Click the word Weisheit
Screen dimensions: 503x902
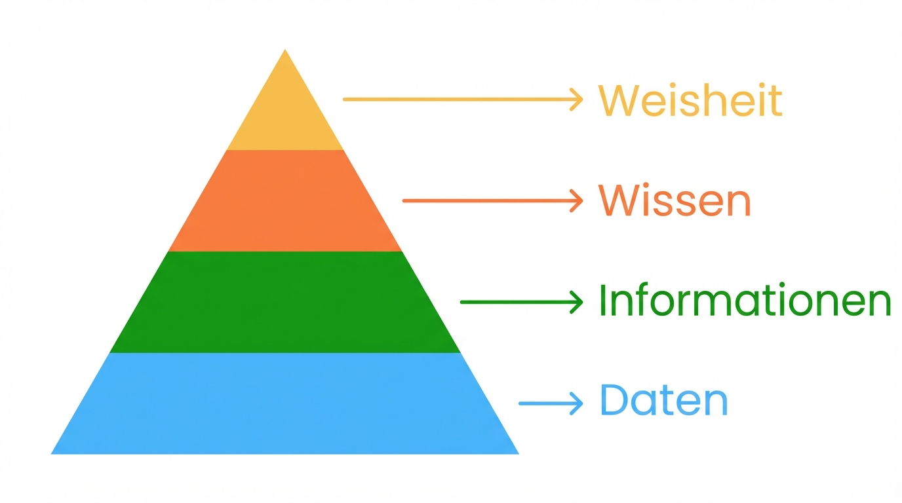tap(690, 100)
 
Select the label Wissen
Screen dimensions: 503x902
tap(675, 201)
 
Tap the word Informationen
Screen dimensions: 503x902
tap(745, 302)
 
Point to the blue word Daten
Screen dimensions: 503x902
tap(663, 401)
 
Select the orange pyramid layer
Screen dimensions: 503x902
tap(285, 201)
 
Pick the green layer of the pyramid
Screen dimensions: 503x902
tap(285, 302)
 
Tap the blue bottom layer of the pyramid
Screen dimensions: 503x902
tap(285, 403)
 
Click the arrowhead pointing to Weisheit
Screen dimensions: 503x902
tap(578, 100)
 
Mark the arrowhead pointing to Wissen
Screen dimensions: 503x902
tap(578, 200)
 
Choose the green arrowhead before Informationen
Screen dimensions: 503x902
tap(578, 302)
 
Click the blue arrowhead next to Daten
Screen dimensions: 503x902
tap(578, 403)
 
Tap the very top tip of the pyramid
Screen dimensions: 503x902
tap(285, 51)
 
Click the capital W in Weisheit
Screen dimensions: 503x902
tap(617, 100)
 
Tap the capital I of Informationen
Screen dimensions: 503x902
tap(603, 301)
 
